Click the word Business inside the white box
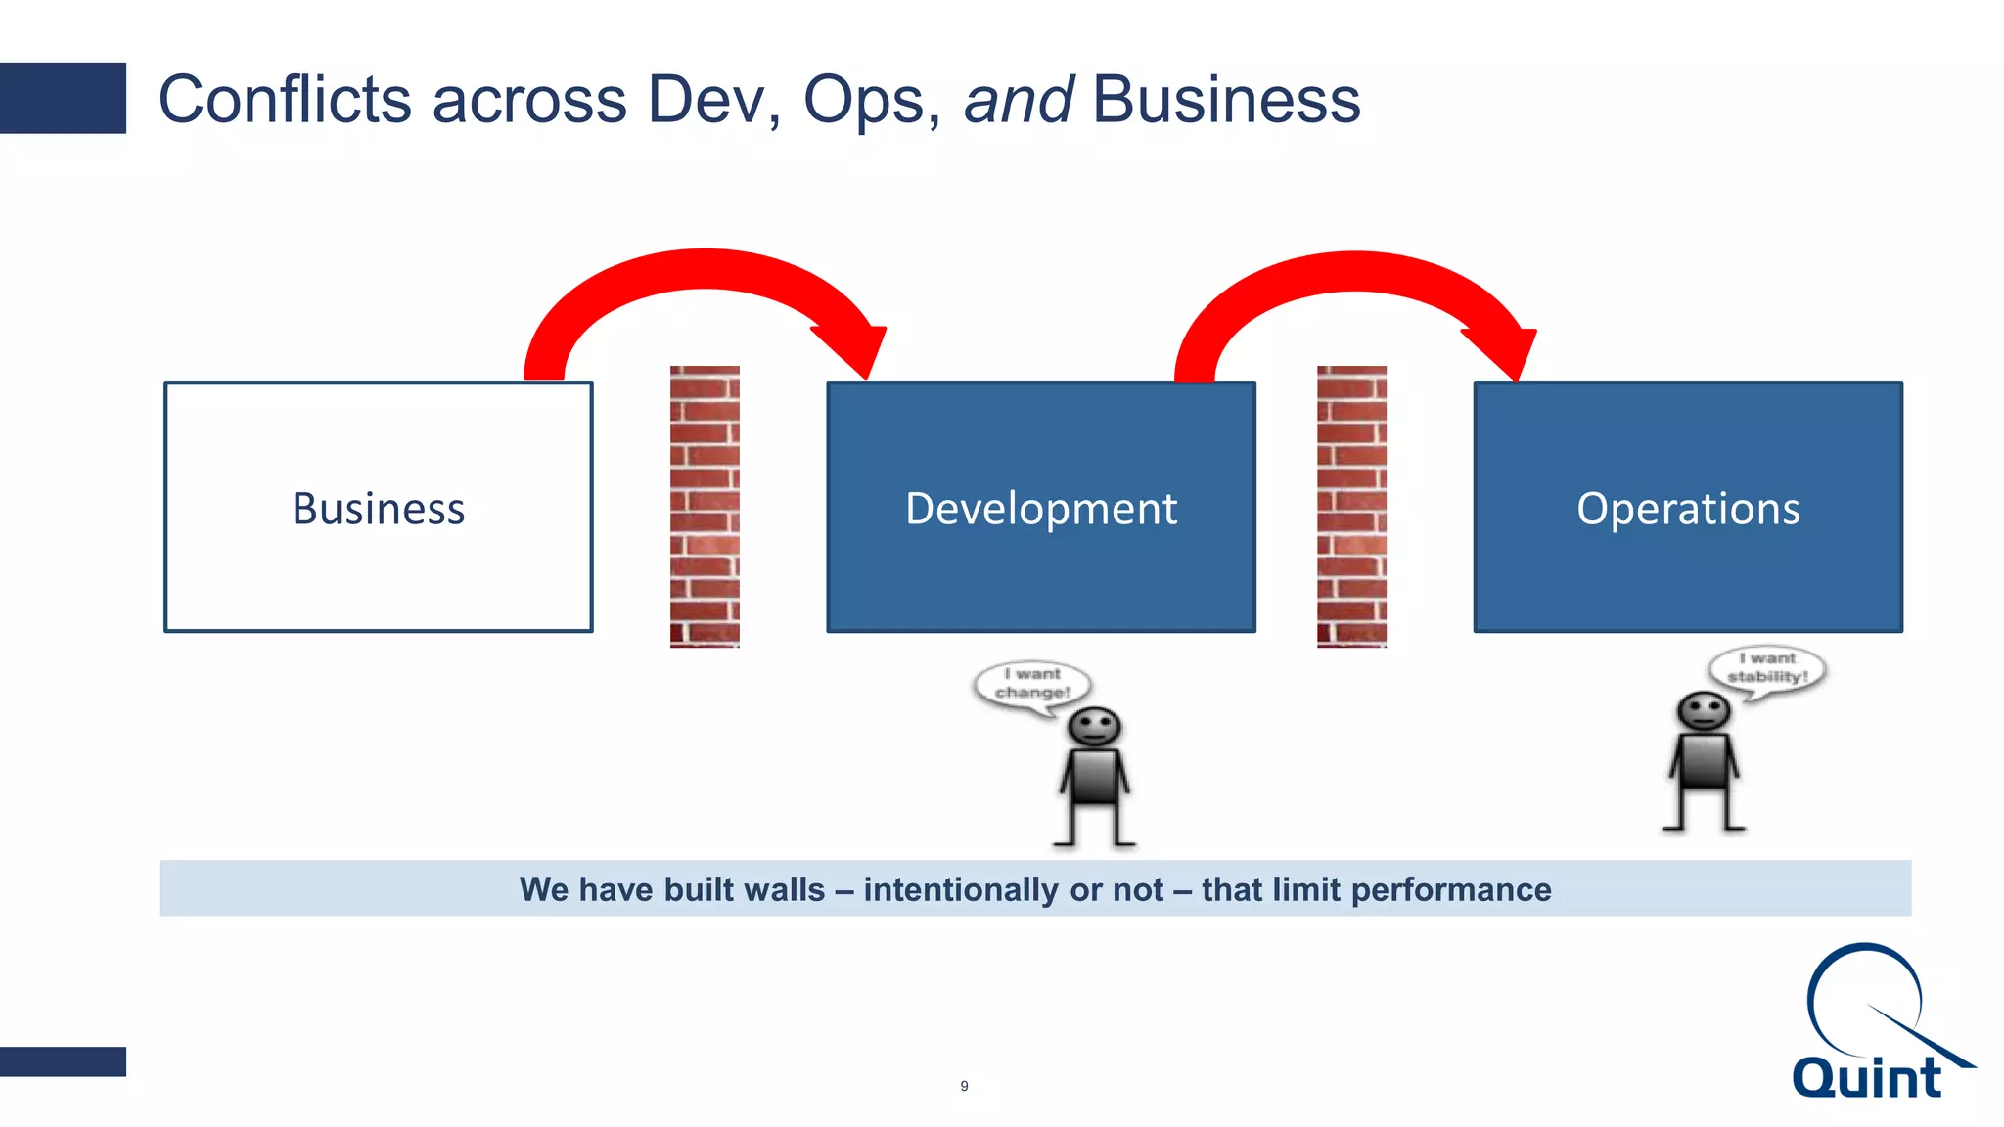coord(378,509)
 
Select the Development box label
coord(1040,509)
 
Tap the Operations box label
coord(1688,509)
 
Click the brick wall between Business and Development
coord(705,506)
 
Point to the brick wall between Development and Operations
coord(1351,506)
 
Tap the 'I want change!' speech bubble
coord(1032,684)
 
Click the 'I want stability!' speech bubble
coord(1767,668)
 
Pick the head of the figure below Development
coord(1094,728)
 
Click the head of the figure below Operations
coord(1704,711)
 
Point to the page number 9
coord(964,1086)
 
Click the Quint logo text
coord(1865,1078)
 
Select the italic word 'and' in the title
coord(1018,100)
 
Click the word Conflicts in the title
coord(285,100)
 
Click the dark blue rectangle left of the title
coord(63,98)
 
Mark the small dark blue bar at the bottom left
coord(63,1061)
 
